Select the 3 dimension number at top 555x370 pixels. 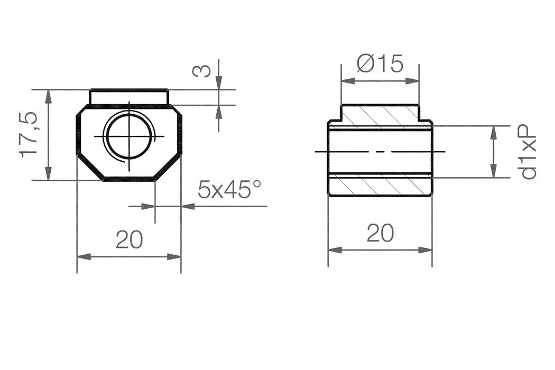(201, 70)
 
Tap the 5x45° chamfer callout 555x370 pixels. (229, 189)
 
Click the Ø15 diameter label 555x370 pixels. (380, 64)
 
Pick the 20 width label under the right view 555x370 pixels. (380, 233)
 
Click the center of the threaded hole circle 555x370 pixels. (129, 136)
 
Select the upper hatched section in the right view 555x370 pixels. (380, 116)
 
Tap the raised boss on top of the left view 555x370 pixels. (129, 97)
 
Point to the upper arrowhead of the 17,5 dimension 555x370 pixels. (49, 96)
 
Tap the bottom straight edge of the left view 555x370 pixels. (129, 180)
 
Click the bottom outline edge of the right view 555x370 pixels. (380, 196)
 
